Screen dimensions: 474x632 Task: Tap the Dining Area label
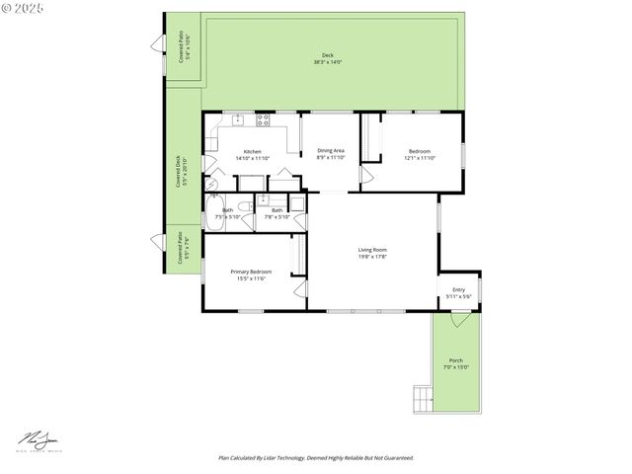(x=331, y=151)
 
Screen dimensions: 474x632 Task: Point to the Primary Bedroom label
(x=251, y=272)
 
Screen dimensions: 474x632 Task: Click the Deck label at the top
(x=327, y=55)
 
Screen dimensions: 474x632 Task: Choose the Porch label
(x=455, y=360)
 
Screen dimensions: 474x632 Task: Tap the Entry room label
(x=458, y=289)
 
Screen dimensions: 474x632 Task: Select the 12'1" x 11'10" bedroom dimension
(x=420, y=158)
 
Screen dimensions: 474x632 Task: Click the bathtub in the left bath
(x=213, y=212)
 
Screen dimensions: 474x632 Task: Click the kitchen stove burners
(x=263, y=120)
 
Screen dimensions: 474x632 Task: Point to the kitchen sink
(x=238, y=119)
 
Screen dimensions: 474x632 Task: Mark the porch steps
(x=423, y=398)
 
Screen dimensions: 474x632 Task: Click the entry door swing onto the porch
(x=458, y=320)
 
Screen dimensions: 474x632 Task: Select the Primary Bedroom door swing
(x=299, y=287)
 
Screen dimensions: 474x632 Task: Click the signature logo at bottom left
(x=39, y=438)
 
